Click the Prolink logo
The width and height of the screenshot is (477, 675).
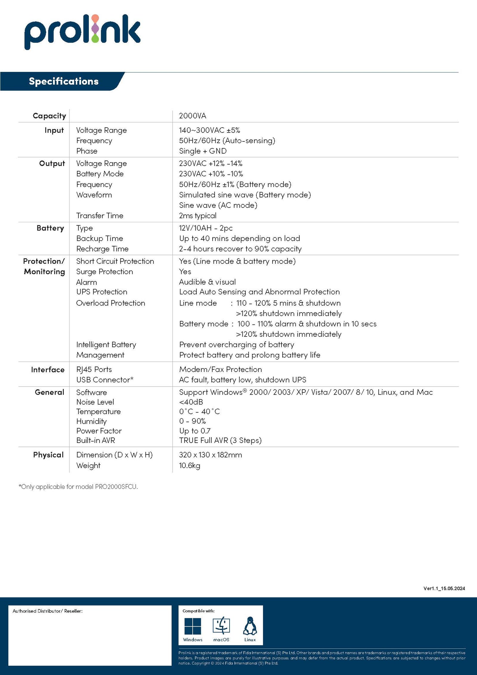[x=82, y=32]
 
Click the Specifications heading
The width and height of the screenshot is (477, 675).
[x=64, y=81]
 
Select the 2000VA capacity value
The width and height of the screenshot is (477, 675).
[x=193, y=116]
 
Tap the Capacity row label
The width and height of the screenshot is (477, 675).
[x=49, y=116]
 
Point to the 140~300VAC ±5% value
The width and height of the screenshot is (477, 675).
[x=209, y=130]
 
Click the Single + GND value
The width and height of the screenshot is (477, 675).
[x=203, y=151]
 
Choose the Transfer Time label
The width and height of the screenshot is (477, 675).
[x=100, y=216]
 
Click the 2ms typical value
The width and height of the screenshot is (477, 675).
[x=198, y=216]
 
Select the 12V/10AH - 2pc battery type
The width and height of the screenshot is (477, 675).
[x=206, y=228]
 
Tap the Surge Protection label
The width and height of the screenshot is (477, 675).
[x=104, y=272]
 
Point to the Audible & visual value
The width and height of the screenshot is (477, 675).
[x=207, y=282]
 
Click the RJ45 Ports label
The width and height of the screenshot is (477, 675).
[x=94, y=370]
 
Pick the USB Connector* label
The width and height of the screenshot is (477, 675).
[x=105, y=380]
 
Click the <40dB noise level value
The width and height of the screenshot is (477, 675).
[x=191, y=402]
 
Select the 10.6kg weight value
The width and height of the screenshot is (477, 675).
[x=190, y=465]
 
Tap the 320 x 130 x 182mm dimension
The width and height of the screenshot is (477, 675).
[x=210, y=455]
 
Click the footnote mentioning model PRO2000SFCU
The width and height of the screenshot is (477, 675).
[x=78, y=487]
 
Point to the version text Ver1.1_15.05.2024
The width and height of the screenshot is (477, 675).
[x=444, y=588]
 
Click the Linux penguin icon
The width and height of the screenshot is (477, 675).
[x=250, y=626]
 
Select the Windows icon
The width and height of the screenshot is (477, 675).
[x=193, y=626]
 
